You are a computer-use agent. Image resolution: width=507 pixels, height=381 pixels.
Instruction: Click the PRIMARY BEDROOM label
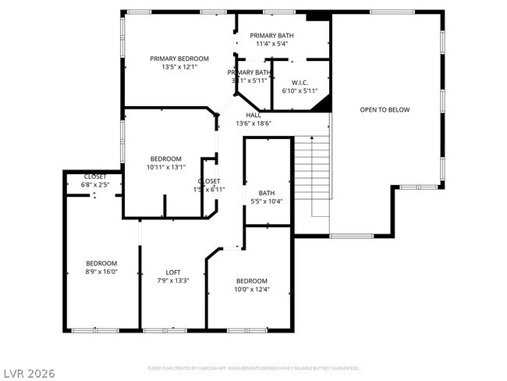(x=179, y=59)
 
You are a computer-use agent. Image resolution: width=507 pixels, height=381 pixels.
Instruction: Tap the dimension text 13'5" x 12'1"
(x=179, y=68)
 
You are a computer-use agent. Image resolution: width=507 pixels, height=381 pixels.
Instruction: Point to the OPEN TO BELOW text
(x=385, y=110)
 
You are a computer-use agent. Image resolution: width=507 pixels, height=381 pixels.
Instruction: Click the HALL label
(x=253, y=115)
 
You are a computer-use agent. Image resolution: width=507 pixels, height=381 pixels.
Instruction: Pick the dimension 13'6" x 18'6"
(x=253, y=123)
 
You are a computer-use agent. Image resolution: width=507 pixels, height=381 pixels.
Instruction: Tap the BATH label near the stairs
(x=267, y=193)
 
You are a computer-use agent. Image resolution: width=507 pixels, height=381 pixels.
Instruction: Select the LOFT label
(x=173, y=272)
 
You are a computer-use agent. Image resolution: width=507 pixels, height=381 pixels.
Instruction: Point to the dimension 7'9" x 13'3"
(x=173, y=281)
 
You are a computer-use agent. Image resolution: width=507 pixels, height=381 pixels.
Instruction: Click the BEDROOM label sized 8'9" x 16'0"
(x=101, y=263)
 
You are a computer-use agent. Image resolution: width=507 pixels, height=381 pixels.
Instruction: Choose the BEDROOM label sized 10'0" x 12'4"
(x=252, y=281)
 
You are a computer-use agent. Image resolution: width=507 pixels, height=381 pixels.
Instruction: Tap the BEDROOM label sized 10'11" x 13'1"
(x=165, y=158)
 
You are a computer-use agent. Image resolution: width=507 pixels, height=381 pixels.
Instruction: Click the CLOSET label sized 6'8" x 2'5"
(x=96, y=176)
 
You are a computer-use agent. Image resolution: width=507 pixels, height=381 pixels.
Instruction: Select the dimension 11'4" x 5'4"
(x=271, y=45)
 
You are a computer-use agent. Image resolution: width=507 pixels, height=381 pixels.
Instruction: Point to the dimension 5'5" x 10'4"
(x=267, y=201)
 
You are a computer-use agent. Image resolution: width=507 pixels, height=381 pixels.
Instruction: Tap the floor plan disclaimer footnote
(x=253, y=367)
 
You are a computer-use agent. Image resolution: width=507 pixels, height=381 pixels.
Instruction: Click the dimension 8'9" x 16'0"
(x=101, y=272)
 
